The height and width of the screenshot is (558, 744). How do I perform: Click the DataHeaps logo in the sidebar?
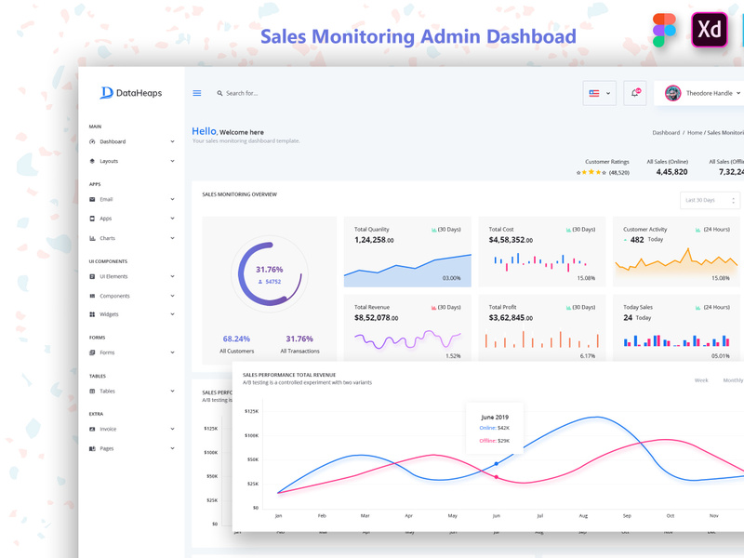[130, 93]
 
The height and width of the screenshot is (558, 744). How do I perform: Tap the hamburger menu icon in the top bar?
[196, 93]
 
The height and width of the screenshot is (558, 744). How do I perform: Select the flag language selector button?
[600, 93]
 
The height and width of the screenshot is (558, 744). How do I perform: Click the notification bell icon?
[634, 93]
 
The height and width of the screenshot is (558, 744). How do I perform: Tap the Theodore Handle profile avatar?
[672, 93]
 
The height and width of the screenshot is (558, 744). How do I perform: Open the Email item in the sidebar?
[106, 199]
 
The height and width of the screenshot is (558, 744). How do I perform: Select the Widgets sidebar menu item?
[109, 314]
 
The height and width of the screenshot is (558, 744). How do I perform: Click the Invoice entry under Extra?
[109, 429]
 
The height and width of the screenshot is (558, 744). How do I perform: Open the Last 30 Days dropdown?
[710, 200]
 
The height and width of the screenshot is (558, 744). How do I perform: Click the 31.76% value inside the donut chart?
[270, 269]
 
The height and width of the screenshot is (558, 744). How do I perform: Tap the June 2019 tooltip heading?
[495, 417]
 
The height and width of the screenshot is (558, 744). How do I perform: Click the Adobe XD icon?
[710, 30]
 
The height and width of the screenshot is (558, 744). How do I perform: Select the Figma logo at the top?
[664, 30]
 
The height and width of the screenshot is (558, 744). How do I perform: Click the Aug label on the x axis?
[583, 514]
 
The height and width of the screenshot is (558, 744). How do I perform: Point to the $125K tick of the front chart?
[251, 410]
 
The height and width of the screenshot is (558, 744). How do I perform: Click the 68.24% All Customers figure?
[236, 339]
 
